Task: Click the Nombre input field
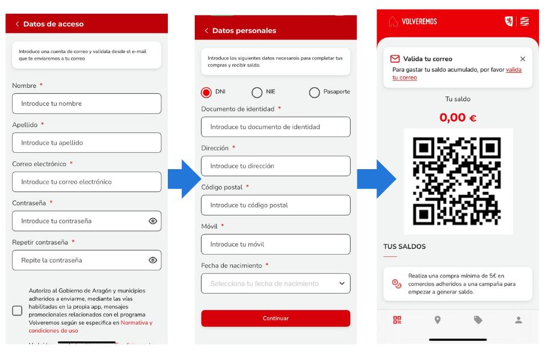[87, 104]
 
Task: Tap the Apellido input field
[87, 143]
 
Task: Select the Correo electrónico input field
[87, 182]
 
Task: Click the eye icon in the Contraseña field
[153, 221]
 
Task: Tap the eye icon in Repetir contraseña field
[153, 260]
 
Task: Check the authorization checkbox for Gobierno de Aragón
[17, 311]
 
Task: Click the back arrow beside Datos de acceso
[17, 24]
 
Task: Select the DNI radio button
[206, 92]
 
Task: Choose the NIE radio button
[257, 92]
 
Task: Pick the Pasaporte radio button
[314, 92]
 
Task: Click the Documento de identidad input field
[276, 127]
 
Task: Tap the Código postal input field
[276, 205]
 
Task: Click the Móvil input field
[276, 244]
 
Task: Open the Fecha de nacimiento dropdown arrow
[342, 283]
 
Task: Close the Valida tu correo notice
[522, 59]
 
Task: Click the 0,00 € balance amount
[458, 117]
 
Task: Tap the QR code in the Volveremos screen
[458, 181]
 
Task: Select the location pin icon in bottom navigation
[437, 320]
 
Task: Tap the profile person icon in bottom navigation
[519, 320]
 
